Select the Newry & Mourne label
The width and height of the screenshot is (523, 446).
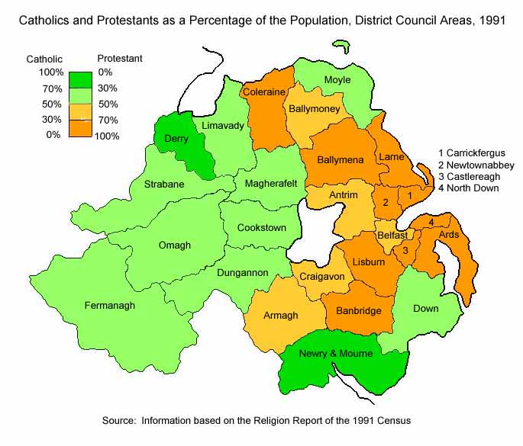tap(335, 353)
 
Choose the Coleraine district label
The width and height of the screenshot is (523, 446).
tap(263, 92)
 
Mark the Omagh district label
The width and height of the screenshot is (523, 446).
tap(175, 245)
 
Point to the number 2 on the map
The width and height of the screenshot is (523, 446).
tap(386, 203)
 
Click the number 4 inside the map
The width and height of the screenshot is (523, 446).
tap(431, 222)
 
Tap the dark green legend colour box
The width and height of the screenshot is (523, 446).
tap(80, 80)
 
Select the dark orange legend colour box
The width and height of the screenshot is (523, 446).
tap(80, 128)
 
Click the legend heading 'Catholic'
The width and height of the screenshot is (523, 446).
tap(44, 58)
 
